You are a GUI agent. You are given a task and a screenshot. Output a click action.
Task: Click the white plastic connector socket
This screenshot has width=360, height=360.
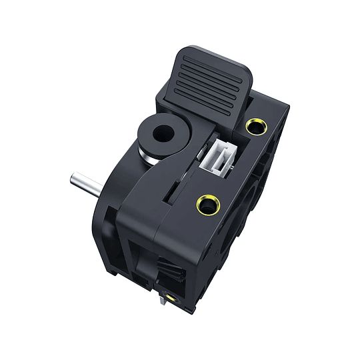[218, 157]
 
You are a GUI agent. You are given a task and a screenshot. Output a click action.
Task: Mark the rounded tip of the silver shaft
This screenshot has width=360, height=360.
[72, 179]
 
